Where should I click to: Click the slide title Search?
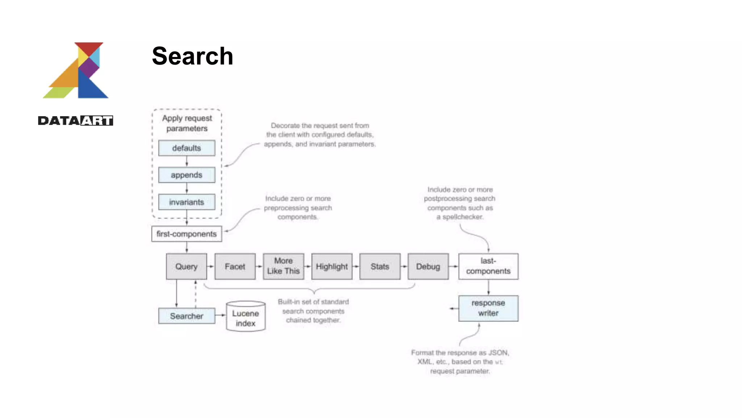click(x=192, y=56)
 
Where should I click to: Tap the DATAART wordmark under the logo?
click(x=75, y=120)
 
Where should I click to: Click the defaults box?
click(x=187, y=148)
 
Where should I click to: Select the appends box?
click(x=187, y=175)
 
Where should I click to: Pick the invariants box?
click(x=187, y=202)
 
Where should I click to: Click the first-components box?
click(x=187, y=234)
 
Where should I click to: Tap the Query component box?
click(x=186, y=266)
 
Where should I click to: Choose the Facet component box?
click(x=235, y=266)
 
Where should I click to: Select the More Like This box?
click(x=283, y=266)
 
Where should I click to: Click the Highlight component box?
click(x=332, y=266)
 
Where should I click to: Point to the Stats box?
click(x=380, y=266)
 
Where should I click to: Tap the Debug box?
click(x=428, y=266)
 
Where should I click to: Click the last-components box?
click(x=488, y=266)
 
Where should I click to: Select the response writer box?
click(x=488, y=308)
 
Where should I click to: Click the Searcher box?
click(x=187, y=316)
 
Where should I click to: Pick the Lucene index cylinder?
click(x=246, y=317)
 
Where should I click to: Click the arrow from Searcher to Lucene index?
click(x=220, y=315)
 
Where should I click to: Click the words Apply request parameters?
click(x=187, y=123)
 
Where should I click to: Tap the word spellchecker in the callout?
click(x=463, y=217)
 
